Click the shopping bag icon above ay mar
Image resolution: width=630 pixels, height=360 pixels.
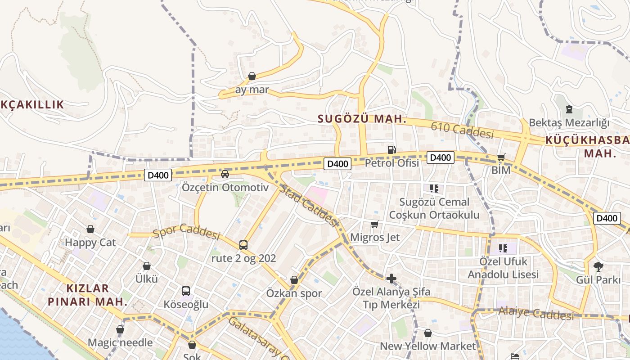click(x=252, y=76)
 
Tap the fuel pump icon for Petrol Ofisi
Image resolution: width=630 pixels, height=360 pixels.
click(x=391, y=149)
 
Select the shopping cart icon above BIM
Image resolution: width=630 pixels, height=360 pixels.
click(x=501, y=157)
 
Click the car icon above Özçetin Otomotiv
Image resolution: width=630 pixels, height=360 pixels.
click(x=225, y=174)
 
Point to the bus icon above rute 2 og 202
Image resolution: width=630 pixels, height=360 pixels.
click(x=243, y=245)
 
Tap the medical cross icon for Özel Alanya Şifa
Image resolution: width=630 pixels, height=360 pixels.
click(x=391, y=278)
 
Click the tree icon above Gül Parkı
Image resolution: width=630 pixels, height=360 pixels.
click(x=598, y=266)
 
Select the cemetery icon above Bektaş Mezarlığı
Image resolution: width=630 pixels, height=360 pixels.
click(x=569, y=109)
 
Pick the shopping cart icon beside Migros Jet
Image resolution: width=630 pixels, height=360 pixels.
click(x=374, y=224)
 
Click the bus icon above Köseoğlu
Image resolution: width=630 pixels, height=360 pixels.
click(x=185, y=291)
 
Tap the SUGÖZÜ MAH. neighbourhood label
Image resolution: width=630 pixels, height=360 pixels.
click(x=362, y=119)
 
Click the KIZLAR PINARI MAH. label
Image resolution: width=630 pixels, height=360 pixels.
click(x=88, y=295)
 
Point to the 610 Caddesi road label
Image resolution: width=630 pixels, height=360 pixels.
click(x=462, y=130)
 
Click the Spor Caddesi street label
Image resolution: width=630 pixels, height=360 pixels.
click(x=186, y=231)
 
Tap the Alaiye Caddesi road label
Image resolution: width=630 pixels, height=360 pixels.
click(x=536, y=313)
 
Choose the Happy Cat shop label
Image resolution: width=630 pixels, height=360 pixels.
click(x=90, y=243)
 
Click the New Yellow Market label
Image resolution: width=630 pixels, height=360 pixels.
click(x=427, y=346)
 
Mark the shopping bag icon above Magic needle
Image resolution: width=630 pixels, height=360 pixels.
click(x=120, y=330)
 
